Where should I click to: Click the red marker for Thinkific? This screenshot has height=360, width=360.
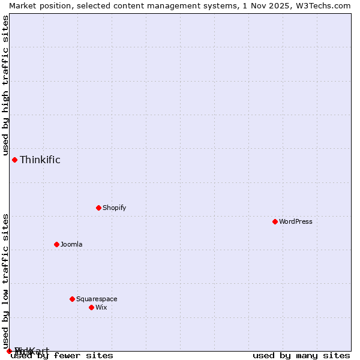tap(14, 160)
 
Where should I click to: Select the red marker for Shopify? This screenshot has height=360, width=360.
tap(98, 208)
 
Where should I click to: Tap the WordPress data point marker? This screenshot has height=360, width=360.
tap(275, 221)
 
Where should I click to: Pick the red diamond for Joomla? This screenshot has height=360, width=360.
tap(56, 244)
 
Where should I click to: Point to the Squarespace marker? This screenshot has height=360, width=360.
tap(72, 299)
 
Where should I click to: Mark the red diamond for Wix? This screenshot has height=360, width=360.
tap(91, 307)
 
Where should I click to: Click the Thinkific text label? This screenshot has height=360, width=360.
tap(40, 160)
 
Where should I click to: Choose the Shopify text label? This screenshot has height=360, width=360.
tap(114, 208)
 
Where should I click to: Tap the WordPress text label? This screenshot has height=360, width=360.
tap(295, 221)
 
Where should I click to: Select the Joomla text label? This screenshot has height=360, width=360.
tap(71, 244)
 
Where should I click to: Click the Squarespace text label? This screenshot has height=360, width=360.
tap(97, 299)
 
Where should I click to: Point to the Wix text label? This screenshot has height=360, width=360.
tap(101, 307)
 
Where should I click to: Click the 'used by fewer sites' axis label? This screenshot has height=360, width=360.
tap(62, 355)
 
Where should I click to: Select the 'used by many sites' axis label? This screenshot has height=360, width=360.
tap(301, 355)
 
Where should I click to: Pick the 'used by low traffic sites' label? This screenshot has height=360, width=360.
tap(5, 280)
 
